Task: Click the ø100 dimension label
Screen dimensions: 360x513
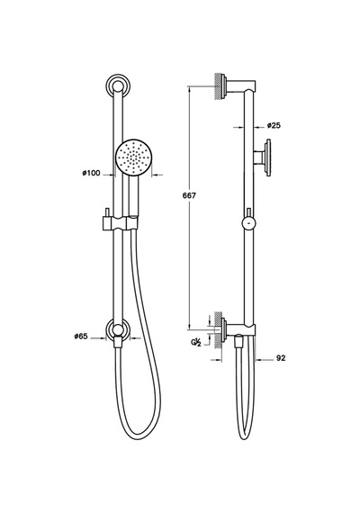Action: (x=91, y=173)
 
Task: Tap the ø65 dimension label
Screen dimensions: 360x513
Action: (x=81, y=336)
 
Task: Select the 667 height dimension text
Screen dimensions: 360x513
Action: (x=189, y=195)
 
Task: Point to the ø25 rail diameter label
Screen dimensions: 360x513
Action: (x=274, y=126)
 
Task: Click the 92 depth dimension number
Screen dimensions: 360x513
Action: (x=281, y=358)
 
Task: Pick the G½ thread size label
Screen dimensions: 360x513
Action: (x=195, y=343)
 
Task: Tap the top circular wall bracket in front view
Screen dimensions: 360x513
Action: (x=119, y=86)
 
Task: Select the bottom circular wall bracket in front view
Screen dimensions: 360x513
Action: (x=119, y=329)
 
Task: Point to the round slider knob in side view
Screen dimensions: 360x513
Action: (x=249, y=224)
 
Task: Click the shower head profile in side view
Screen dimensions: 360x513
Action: (x=263, y=157)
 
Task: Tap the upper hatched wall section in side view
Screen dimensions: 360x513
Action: (x=219, y=86)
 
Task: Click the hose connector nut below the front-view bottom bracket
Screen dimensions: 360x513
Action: (x=118, y=344)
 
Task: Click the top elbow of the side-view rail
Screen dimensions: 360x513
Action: (x=250, y=86)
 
